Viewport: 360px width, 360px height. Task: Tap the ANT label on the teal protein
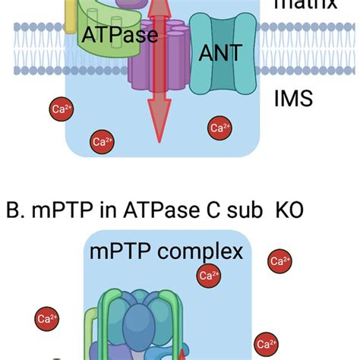[220, 52]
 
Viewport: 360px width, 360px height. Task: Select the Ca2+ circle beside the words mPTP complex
[207, 275]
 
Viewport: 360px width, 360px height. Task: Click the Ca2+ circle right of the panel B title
[279, 262]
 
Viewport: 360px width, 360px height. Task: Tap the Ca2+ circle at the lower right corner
[264, 343]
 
